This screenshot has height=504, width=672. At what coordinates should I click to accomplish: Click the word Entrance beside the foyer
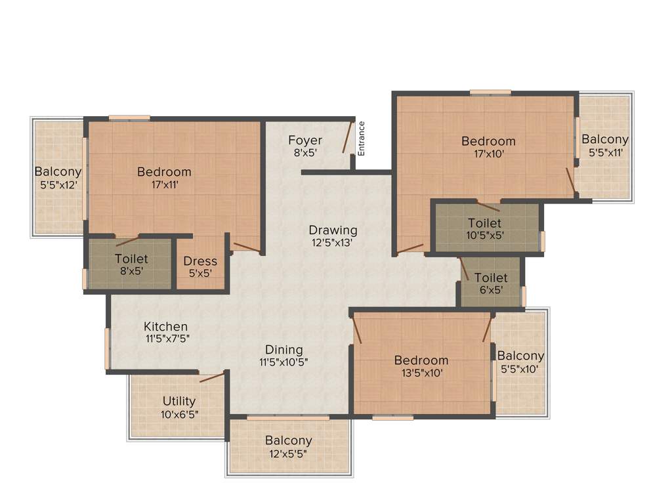pyautogui.click(x=361, y=138)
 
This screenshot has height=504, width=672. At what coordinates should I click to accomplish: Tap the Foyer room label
pyautogui.click(x=305, y=140)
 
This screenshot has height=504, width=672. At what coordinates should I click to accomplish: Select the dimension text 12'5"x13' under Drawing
pyautogui.click(x=333, y=242)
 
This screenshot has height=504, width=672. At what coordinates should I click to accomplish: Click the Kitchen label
pyautogui.click(x=166, y=326)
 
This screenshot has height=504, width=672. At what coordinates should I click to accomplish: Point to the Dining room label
pyautogui.click(x=284, y=349)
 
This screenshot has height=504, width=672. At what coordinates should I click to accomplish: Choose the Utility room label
pyautogui.click(x=179, y=401)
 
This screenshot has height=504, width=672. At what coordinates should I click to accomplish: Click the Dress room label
pyautogui.click(x=199, y=261)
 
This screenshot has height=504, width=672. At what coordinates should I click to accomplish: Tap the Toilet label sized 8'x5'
pyautogui.click(x=131, y=259)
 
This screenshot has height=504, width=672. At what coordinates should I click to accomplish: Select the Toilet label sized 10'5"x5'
pyautogui.click(x=484, y=223)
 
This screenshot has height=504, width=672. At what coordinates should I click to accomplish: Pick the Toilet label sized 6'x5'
pyautogui.click(x=491, y=278)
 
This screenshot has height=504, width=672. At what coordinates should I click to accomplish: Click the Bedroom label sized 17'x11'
pyautogui.click(x=164, y=172)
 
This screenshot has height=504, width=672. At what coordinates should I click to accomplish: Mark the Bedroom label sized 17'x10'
pyautogui.click(x=488, y=141)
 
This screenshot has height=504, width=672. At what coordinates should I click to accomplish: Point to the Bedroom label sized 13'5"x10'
pyautogui.click(x=421, y=360)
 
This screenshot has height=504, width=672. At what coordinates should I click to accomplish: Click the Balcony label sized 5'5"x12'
pyautogui.click(x=58, y=171)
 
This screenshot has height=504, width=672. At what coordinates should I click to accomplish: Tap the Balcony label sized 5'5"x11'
pyautogui.click(x=605, y=139)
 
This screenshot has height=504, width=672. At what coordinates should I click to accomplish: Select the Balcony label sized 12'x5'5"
pyautogui.click(x=289, y=440)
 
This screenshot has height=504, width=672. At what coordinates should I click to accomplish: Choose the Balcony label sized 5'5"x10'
pyautogui.click(x=520, y=356)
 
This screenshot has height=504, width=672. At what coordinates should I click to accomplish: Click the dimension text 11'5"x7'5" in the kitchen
pyautogui.click(x=167, y=339)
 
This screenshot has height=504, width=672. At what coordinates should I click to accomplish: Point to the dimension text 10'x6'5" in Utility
pyautogui.click(x=179, y=414)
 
